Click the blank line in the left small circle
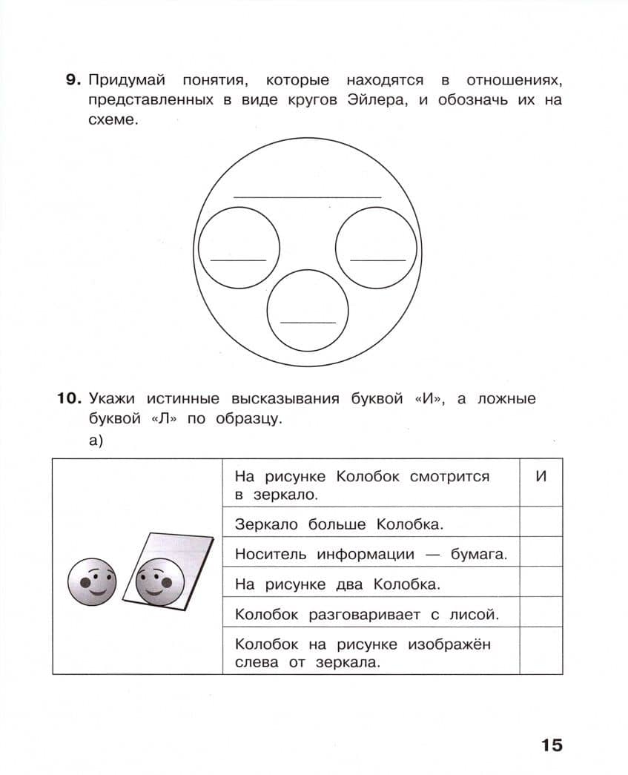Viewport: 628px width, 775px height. tap(238, 260)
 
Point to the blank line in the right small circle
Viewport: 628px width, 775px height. tap(377, 260)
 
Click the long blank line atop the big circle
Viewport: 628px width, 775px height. tap(307, 197)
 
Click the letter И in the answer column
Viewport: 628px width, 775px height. tap(541, 476)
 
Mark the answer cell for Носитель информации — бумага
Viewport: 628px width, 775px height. tap(541, 553)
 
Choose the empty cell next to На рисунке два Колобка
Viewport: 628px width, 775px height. tap(541, 583)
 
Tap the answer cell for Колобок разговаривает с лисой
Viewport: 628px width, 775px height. tap(541, 613)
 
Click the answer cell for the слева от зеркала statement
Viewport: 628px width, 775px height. tap(541, 652)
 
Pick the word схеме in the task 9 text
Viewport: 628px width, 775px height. tap(113, 120)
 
